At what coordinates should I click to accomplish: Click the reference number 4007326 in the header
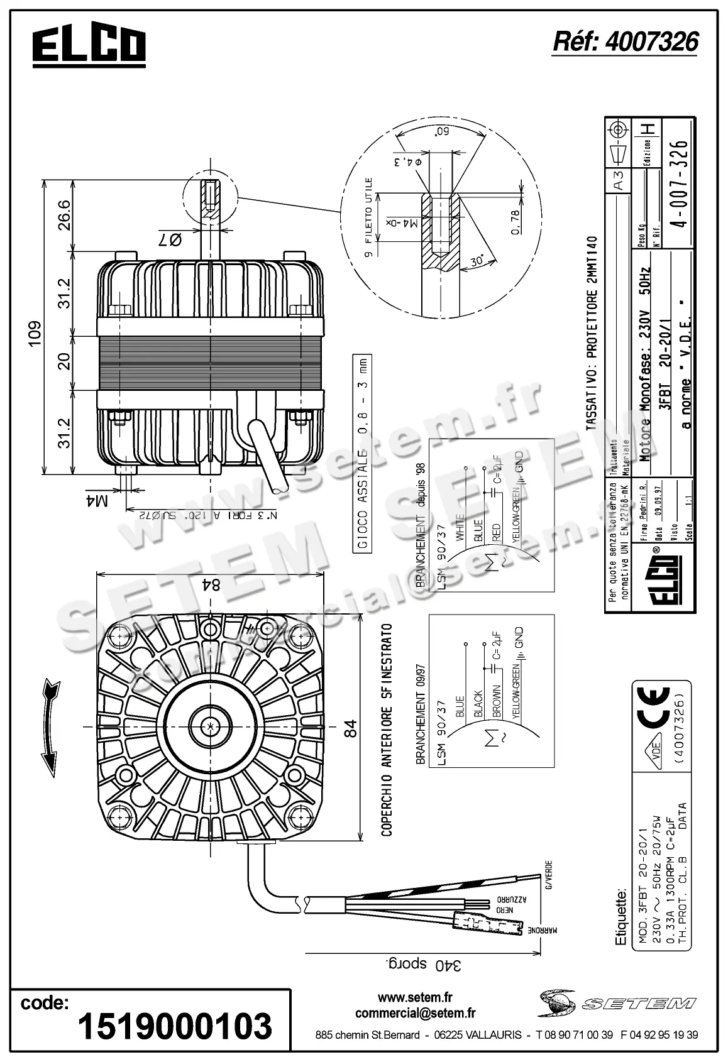625,41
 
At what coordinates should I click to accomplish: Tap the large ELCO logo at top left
89,47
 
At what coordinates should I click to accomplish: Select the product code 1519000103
174,1026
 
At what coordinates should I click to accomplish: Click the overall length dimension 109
35,330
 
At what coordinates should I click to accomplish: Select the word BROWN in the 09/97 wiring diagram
497,701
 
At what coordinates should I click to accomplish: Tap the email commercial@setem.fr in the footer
415,1012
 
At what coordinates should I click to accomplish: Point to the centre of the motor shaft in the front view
209,726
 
